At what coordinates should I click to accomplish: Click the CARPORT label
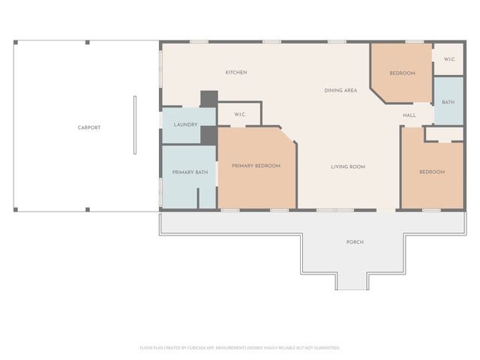coord(89,127)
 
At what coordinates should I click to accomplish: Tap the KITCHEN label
coord(236,73)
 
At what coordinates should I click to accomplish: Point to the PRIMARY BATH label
coord(190,172)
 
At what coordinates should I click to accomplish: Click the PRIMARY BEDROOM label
coord(256,166)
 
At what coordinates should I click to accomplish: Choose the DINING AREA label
coord(340,91)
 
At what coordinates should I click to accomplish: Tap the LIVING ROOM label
coord(348,166)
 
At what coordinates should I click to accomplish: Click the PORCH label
coord(355,242)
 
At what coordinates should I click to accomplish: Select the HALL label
coord(409,115)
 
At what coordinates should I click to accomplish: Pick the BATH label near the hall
coord(448,102)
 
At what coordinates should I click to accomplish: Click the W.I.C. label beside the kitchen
coord(240,115)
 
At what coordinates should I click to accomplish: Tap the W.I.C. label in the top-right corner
coord(449,59)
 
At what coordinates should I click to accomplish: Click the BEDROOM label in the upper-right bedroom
coord(402,73)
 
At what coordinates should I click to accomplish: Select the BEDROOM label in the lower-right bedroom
coord(431,172)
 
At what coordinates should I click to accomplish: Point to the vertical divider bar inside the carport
coord(135,124)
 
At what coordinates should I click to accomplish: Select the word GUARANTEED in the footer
coord(324,348)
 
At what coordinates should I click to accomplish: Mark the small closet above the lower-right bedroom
coord(443,133)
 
